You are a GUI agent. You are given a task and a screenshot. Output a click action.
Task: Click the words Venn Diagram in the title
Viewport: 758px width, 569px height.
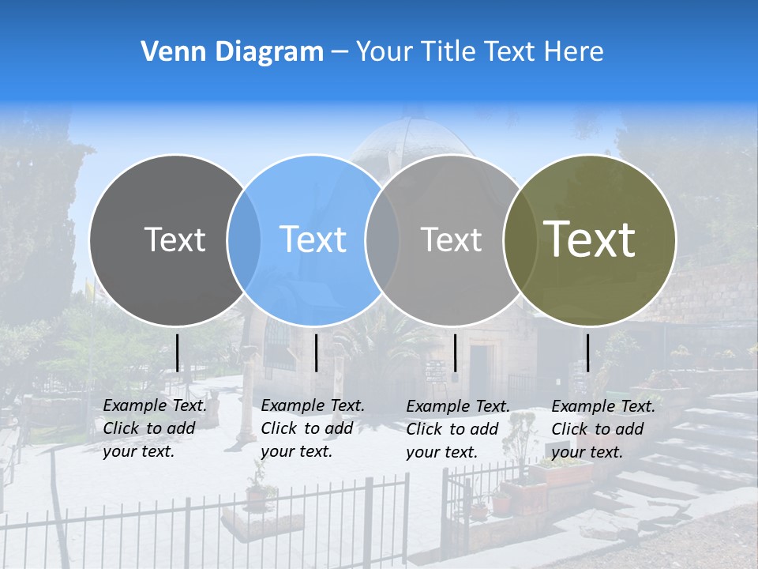point(232,52)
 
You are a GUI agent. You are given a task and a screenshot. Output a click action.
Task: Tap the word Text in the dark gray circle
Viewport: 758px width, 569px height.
point(174,239)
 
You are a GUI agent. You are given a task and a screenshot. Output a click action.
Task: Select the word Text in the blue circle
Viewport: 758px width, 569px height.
point(313,239)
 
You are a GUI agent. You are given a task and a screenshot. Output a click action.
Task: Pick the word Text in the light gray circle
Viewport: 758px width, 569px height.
point(451,239)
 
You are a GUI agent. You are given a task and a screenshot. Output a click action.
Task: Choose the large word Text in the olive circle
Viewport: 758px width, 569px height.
point(590,239)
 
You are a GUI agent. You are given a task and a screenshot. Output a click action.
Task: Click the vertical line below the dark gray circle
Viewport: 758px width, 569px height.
point(178,352)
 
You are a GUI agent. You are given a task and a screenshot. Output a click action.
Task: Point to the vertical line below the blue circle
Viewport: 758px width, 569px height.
point(317,352)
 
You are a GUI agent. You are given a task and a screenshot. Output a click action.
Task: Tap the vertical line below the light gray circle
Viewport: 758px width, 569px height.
point(456,352)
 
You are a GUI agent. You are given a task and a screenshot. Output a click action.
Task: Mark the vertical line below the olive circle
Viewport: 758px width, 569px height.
point(588,352)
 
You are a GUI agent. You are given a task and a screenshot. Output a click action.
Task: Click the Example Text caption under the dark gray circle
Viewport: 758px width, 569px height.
point(155,428)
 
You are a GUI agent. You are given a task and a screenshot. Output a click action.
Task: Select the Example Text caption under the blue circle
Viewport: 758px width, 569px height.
point(313,428)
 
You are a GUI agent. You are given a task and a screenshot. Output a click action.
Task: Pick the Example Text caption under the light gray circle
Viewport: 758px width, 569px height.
point(458,429)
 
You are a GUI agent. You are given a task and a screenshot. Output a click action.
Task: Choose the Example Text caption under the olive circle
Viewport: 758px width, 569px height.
point(603,429)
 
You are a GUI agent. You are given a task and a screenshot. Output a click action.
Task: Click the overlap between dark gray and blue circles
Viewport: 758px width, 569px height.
point(244,240)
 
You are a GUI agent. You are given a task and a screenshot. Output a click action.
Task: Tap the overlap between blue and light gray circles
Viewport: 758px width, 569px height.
point(382,240)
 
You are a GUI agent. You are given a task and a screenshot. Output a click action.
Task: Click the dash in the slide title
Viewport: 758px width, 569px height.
point(340,52)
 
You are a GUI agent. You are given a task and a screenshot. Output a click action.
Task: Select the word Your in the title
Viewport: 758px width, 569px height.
point(385,52)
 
